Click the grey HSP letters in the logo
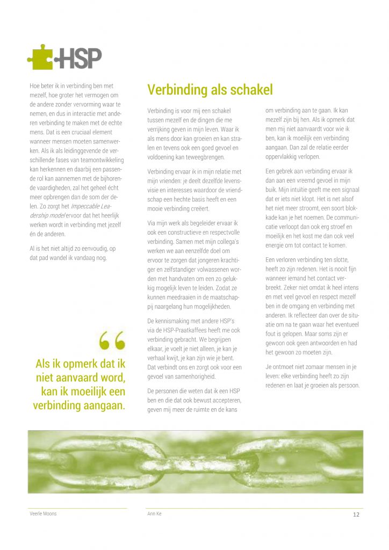(81, 59)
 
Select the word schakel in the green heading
(249, 89)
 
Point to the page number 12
(356, 514)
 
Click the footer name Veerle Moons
(43, 514)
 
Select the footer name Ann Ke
(155, 514)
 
